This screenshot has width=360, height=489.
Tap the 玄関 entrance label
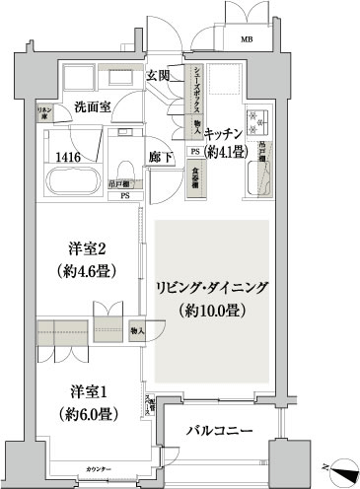(160, 75)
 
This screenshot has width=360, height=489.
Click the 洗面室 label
(91, 106)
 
